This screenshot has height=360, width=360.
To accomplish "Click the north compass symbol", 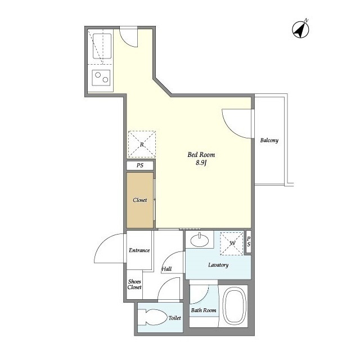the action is coord(300,29).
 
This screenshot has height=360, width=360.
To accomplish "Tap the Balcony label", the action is coord(269,140).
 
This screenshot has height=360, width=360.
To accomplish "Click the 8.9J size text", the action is coord(201,163).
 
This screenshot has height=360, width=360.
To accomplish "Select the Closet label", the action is coord(140,200).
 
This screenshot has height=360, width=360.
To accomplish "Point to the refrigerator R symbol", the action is coord(142,145).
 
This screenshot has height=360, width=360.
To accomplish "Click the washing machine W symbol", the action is coord(232,244).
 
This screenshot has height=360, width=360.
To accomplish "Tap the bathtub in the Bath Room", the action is coord(235,306).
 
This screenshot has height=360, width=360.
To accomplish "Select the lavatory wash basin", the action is coord(200,240).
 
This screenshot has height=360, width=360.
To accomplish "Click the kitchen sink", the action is coord(102,46).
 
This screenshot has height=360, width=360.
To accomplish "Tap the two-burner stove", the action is coord(101,78).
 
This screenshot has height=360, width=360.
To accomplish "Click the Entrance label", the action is coord(139,250).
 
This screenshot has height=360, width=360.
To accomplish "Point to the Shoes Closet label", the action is coord(134,284).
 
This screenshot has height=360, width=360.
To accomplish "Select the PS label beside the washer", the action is coord(249,242).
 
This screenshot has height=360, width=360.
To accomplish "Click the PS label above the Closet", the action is coord(140,165).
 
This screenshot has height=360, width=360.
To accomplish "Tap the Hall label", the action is coord(166,269).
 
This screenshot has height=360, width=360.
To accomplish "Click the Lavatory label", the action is coord(218,265).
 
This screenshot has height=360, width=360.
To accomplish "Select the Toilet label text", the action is coord(175,318).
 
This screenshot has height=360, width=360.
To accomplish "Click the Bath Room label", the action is coord(204,310).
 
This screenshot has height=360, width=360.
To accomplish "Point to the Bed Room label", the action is coord(201,155).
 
